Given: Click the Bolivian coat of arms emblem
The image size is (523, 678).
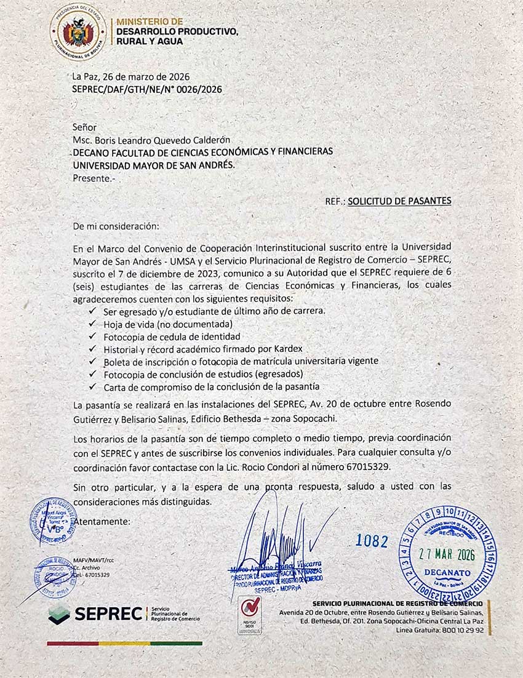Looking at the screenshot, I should (78, 31).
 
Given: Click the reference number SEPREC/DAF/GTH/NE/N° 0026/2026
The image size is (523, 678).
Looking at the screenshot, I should (146, 89).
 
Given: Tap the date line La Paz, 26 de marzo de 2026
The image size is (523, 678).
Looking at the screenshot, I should (130, 77).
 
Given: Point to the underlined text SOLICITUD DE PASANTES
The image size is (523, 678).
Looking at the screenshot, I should (399, 201).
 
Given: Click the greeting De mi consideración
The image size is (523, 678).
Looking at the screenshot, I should (116, 226).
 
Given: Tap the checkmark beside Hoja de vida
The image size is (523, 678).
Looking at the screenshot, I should (93, 324).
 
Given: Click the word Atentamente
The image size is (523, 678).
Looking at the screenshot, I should (102, 522).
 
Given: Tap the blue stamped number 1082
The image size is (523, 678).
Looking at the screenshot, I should (372, 541).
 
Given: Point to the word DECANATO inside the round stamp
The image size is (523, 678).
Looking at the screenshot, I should (447, 572).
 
